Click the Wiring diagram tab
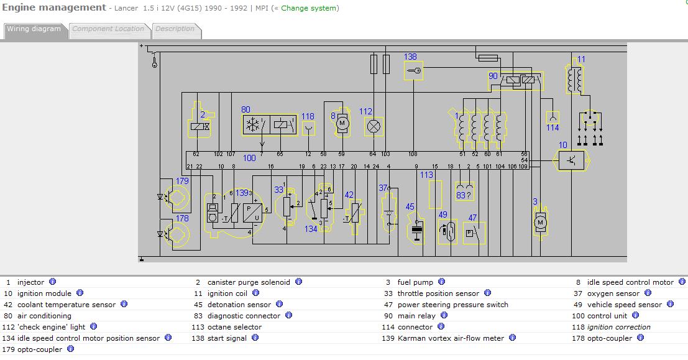click(x=34, y=30)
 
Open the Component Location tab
click(x=108, y=30)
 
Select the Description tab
click(x=175, y=30)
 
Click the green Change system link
click(x=309, y=8)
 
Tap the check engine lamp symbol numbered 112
click(x=374, y=126)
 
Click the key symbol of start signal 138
click(x=413, y=71)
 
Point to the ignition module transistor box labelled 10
click(x=572, y=160)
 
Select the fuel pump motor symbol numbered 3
click(x=540, y=223)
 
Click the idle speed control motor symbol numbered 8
click(x=342, y=123)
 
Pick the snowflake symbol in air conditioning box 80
click(x=253, y=126)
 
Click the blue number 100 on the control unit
click(x=249, y=158)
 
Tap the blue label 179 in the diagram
click(x=182, y=181)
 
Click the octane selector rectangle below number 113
click(x=435, y=195)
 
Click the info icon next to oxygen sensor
click(x=648, y=293)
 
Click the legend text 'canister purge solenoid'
click(x=249, y=282)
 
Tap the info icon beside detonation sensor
click(x=280, y=304)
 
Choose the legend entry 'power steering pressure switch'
click(x=453, y=305)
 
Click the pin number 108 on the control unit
click(x=413, y=154)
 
